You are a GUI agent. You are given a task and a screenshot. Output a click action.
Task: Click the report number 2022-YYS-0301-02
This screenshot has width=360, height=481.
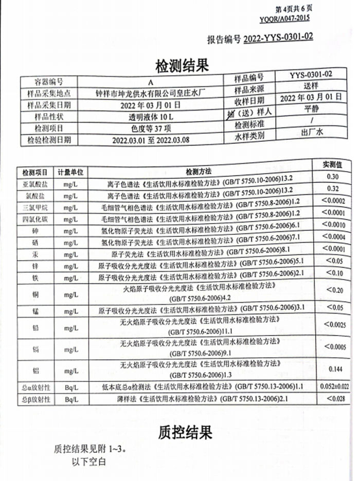click(278, 38)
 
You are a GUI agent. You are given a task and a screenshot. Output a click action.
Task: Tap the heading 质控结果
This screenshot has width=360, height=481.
click(185, 432)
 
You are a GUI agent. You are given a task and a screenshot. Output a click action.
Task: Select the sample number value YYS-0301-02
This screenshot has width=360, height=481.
click(310, 75)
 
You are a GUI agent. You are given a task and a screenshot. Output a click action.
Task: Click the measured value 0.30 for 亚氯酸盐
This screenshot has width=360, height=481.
click(332, 177)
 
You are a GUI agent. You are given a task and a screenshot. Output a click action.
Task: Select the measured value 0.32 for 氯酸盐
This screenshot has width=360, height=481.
click(332, 189)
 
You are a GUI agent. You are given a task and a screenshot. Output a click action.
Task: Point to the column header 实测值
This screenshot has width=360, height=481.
click(332, 165)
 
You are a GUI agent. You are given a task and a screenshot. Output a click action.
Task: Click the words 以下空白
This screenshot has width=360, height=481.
click(88, 461)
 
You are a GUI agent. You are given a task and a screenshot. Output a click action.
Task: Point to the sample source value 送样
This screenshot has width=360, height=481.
click(311, 86)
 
